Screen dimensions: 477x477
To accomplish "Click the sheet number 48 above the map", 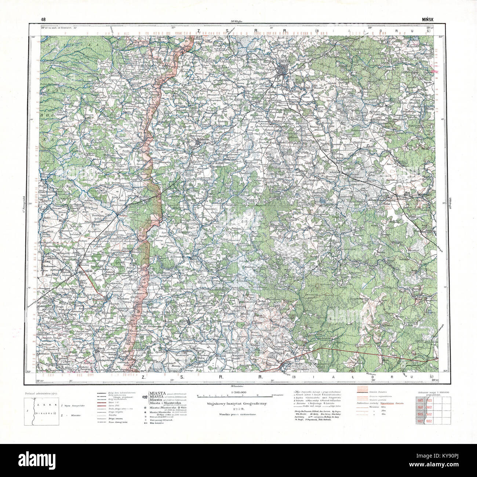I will (x=43, y=19).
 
